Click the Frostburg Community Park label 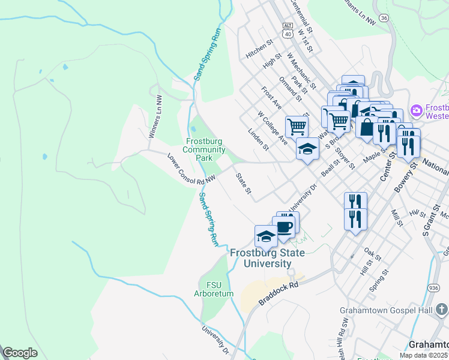205,149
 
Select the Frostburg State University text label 267,258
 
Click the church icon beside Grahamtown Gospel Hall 441,310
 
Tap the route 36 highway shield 384,18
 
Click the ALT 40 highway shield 288,31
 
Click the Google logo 20,353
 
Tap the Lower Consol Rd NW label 191,169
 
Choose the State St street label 243,184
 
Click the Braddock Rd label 279,293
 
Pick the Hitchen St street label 259,48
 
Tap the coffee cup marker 285,227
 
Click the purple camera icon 415,110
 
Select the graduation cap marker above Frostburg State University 266,236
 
